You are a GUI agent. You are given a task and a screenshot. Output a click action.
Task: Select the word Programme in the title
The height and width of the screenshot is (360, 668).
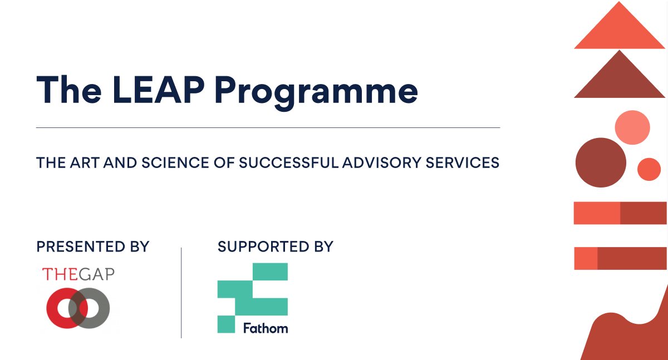[x=316, y=91]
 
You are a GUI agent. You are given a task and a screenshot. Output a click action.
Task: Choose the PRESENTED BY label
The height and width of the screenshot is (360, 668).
[x=93, y=246]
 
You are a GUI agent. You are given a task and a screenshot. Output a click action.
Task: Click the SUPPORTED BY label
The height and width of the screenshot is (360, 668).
[x=276, y=246]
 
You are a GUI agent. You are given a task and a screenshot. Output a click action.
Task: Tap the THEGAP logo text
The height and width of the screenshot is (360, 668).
[x=78, y=274]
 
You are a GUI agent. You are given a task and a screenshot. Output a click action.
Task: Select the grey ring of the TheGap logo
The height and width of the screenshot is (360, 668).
[x=99, y=308]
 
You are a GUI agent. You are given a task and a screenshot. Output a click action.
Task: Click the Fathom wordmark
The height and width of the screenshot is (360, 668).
[x=266, y=328]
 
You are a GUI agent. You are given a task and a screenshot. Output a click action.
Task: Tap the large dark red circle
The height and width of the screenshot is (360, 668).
[x=600, y=162]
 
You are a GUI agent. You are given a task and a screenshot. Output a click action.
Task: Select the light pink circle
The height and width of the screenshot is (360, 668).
[x=632, y=128]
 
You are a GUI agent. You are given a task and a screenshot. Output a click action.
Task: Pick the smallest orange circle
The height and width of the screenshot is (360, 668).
[x=649, y=169]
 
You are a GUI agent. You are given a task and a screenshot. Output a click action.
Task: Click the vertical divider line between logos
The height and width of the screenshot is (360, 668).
[x=181, y=293]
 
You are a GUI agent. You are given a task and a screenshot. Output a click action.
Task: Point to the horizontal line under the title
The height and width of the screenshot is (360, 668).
[x=268, y=128]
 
